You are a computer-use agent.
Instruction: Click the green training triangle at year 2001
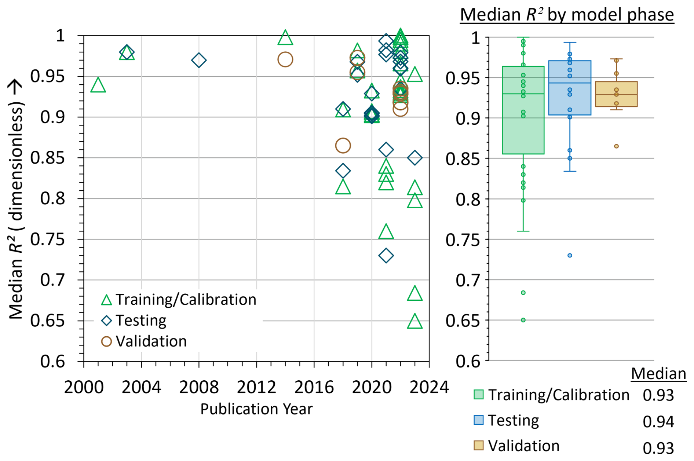coord(98,85)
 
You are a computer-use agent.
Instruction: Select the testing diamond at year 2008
coord(199,60)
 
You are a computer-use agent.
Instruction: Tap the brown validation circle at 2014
coord(285,59)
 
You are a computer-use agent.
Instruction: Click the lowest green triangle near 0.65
coord(414,322)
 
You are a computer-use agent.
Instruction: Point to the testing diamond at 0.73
coord(386,256)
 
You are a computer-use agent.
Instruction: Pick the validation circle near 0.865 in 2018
coord(343,146)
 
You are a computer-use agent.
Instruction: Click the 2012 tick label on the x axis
coord(256,387)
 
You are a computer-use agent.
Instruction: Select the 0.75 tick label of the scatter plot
coord(47,239)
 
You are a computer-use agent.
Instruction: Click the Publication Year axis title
coord(256,409)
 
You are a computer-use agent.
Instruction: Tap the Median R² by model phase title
coord(567,15)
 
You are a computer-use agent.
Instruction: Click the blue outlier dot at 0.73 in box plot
coord(570,256)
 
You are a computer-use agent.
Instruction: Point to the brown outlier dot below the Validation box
coord(616,146)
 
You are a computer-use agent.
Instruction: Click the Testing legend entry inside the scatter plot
coord(141,321)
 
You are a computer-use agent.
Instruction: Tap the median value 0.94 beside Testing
coord(658,422)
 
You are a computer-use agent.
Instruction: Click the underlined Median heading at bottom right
coord(658,374)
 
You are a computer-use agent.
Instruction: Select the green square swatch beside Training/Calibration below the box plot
coord(478,395)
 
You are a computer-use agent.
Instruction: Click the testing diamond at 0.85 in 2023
coord(414,158)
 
